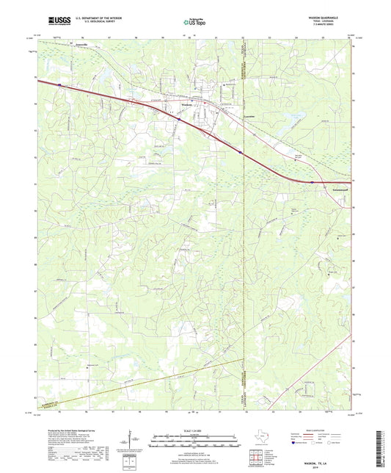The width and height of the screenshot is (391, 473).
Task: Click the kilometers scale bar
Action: click(x=194, y=438)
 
